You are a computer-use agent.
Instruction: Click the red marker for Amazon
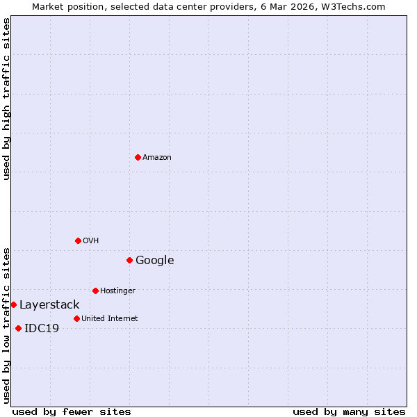(x=138, y=157)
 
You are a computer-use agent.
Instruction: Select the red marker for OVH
(x=78, y=240)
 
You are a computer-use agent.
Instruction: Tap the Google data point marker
(x=129, y=260)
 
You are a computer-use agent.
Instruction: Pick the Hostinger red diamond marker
(x=95, y=291)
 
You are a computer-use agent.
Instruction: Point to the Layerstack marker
(x=13, y=304)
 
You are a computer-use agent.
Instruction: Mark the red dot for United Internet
(x=76, y=318)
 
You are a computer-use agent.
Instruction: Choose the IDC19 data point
(x=18, y=328)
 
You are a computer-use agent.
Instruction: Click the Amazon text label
(x=157, y=157)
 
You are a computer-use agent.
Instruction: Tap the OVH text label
(x=91, y=240)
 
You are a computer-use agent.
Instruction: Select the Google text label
(x=155, y=260)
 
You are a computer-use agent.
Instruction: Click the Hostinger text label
(x=117, y=291)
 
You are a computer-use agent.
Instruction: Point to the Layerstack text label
(x=49, y=304)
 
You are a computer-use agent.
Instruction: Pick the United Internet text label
(x=110, y=318)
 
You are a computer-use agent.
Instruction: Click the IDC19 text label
(x=42, y=328)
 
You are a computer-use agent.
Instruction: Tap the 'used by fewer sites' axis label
(x=72, y=411)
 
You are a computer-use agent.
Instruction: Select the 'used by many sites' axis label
(x=349, y=411)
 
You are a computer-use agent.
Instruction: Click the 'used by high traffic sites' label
(x=6, y=99)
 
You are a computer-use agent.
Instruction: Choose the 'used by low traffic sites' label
(x=6, y=325)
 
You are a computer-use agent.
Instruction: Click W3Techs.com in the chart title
(x=356, y=6)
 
